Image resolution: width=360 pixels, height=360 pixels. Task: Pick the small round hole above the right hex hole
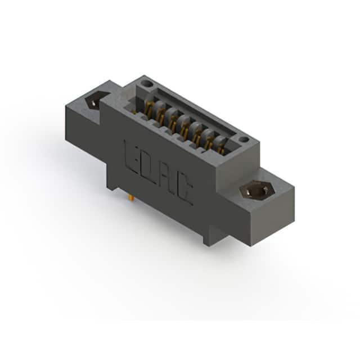click(x=244, y=139)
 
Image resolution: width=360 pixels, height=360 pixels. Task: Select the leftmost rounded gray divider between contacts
click(x=159, y=109)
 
